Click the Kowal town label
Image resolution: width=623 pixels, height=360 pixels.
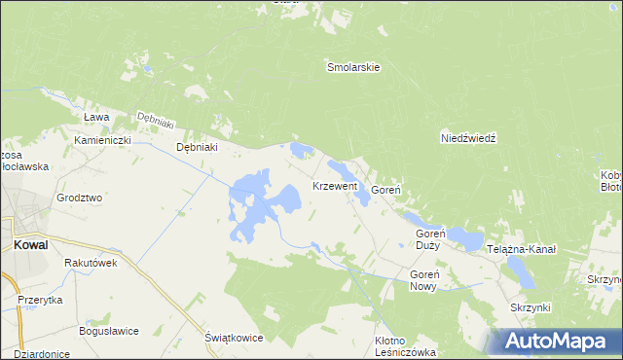click(x=31, y=246)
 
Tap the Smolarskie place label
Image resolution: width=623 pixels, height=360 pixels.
click(x=352, y=68)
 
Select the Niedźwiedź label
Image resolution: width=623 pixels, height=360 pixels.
click(x=469, y=139)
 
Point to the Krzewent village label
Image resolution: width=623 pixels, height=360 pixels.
click(x=335, y=185)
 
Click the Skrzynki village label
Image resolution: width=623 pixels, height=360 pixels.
click(x=531, y=307)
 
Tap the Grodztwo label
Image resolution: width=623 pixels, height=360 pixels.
click(x=80, y=198)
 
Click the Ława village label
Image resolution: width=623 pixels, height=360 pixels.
click(x=95, y=117)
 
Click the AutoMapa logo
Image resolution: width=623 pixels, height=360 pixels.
click(x=557, y=342)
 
